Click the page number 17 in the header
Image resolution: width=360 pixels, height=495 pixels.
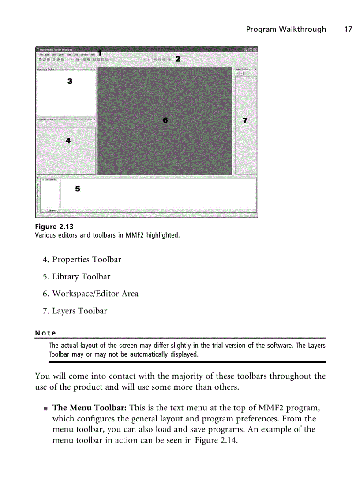[348, 30]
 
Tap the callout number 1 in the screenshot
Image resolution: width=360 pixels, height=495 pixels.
[100, 52]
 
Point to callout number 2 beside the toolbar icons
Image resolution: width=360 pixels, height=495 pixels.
[178, 59]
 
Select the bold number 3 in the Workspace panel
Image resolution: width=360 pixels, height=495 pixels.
[70, 81]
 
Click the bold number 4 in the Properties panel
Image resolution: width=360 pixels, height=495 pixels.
[68, 141]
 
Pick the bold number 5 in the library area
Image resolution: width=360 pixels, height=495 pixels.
[78, 189]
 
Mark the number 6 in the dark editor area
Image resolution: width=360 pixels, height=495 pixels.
[165, 120]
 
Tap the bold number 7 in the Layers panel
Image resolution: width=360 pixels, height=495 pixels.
[245, 120]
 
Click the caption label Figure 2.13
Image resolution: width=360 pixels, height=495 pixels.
[54, 227]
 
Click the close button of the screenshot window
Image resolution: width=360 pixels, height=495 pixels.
[255, 50]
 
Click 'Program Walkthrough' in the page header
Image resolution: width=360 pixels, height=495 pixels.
[286, 30]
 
